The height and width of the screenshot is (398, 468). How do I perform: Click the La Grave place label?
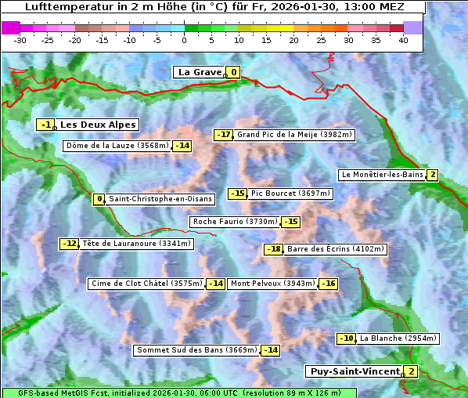tap(200, 72)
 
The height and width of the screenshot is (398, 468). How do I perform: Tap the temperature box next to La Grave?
tap(233, 73)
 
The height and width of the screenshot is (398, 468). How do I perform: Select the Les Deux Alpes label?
tap(98, 125)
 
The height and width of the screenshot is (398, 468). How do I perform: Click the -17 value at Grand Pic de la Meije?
tap(224, 135)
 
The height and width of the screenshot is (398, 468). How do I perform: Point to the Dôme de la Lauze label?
tap(117, 146)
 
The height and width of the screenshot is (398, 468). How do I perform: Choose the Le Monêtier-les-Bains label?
tap(382, 175)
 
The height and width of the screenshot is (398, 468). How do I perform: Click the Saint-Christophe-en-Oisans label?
tap(160, 199)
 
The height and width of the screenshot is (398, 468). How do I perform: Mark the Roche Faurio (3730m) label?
tap(235, 222)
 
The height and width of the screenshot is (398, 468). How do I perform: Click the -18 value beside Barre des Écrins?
tap(273, 249)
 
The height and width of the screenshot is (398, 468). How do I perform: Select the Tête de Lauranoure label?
tap(136, 244)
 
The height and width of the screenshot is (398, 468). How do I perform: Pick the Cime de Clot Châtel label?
tap(146, 284)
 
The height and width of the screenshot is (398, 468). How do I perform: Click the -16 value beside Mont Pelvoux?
tap(328, 284)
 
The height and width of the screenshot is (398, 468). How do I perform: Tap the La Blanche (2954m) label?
tap(398, 338)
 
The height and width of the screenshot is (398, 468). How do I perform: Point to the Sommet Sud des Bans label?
tap(196, 350)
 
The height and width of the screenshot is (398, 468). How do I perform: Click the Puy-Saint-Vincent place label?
tap(354, 371)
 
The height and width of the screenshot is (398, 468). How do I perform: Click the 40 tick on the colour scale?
tap(403, 40)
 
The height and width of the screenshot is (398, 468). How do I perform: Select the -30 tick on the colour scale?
tap(20, 40)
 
